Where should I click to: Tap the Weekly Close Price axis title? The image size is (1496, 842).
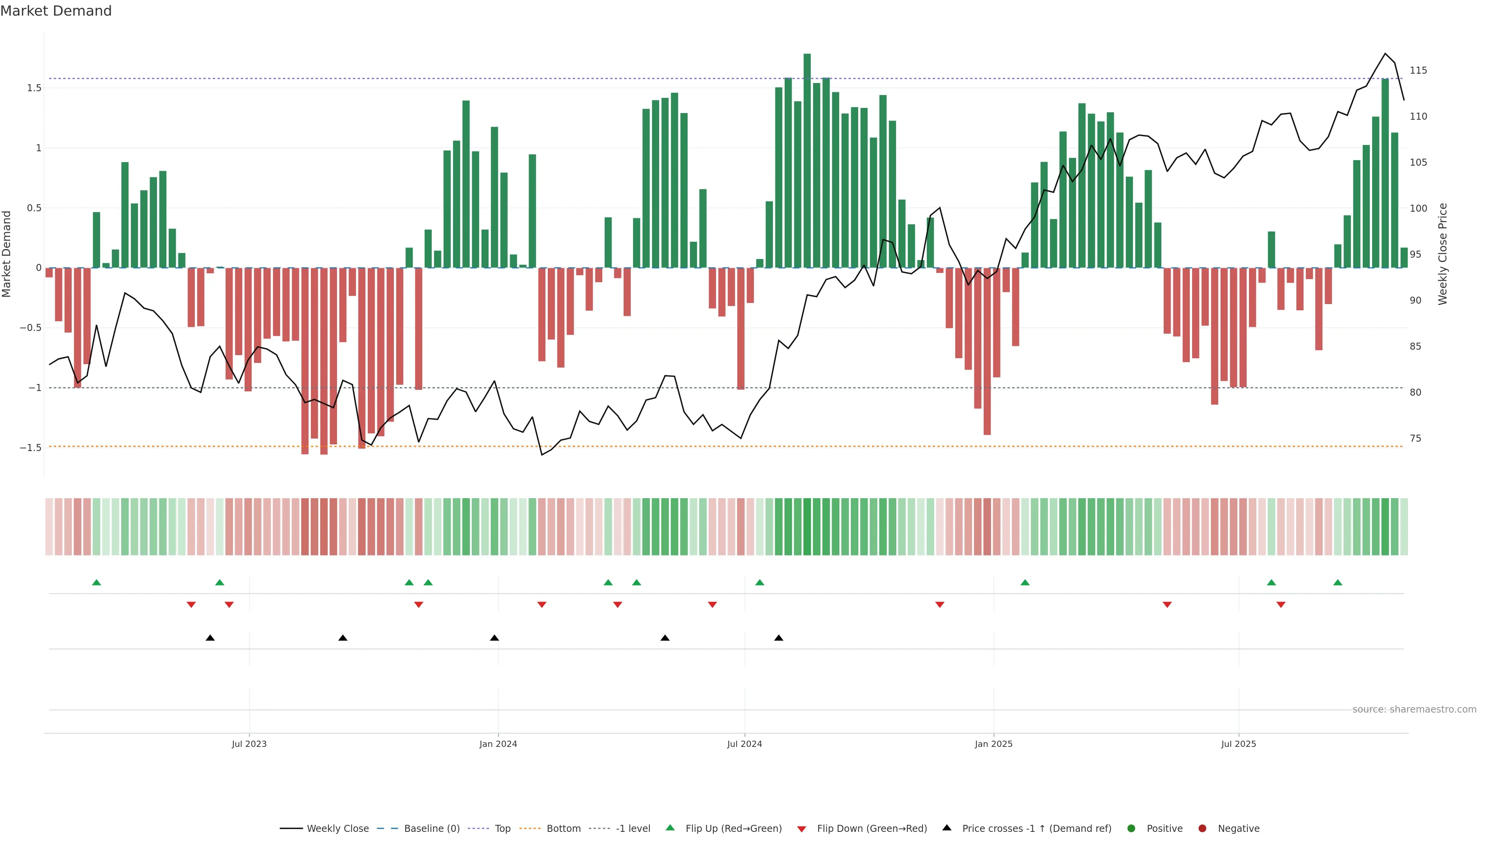[1443, 254]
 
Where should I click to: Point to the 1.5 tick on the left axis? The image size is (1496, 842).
[34, 88]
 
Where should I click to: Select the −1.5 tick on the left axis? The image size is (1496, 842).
[31, 448]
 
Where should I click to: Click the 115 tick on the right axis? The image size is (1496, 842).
[1418, 70]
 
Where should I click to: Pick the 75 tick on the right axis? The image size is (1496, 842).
[1416, 438]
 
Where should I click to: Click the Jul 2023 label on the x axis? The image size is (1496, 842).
[249, 744]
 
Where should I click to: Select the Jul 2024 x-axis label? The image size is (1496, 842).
[744, 744]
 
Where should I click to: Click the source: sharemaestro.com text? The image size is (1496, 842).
[1414, 709]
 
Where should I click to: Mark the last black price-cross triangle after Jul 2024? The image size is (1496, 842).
[779, 638]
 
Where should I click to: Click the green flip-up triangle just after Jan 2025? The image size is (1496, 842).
[1025, 582]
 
